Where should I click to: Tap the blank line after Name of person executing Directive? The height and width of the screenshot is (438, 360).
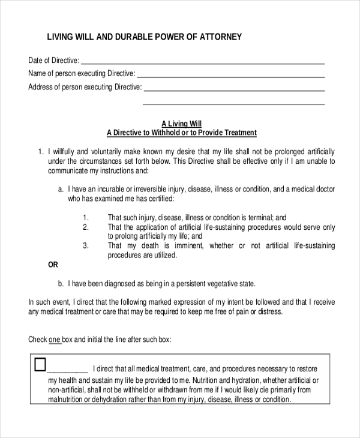tap(231, 76)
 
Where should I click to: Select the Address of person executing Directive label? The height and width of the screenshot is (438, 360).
tap(85, 87)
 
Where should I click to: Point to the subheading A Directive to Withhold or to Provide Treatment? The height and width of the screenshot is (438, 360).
tap(181, 133)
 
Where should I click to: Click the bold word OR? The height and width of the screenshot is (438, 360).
tap(53, 265)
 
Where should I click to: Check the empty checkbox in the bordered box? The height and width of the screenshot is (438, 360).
tap(40, 364)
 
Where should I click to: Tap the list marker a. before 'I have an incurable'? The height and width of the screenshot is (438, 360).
tap(61, 189)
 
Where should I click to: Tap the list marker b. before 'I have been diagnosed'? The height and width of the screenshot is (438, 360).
tap(61, 283)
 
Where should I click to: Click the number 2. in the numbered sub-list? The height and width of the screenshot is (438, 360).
tap(86, 227)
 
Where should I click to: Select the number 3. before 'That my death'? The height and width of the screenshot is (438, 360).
tap(86, 245)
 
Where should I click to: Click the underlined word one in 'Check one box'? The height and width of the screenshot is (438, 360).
tap(55, 340)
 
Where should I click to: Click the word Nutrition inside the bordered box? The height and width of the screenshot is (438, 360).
tap(204, 381)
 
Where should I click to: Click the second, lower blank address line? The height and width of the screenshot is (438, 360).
tap(233, 103)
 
